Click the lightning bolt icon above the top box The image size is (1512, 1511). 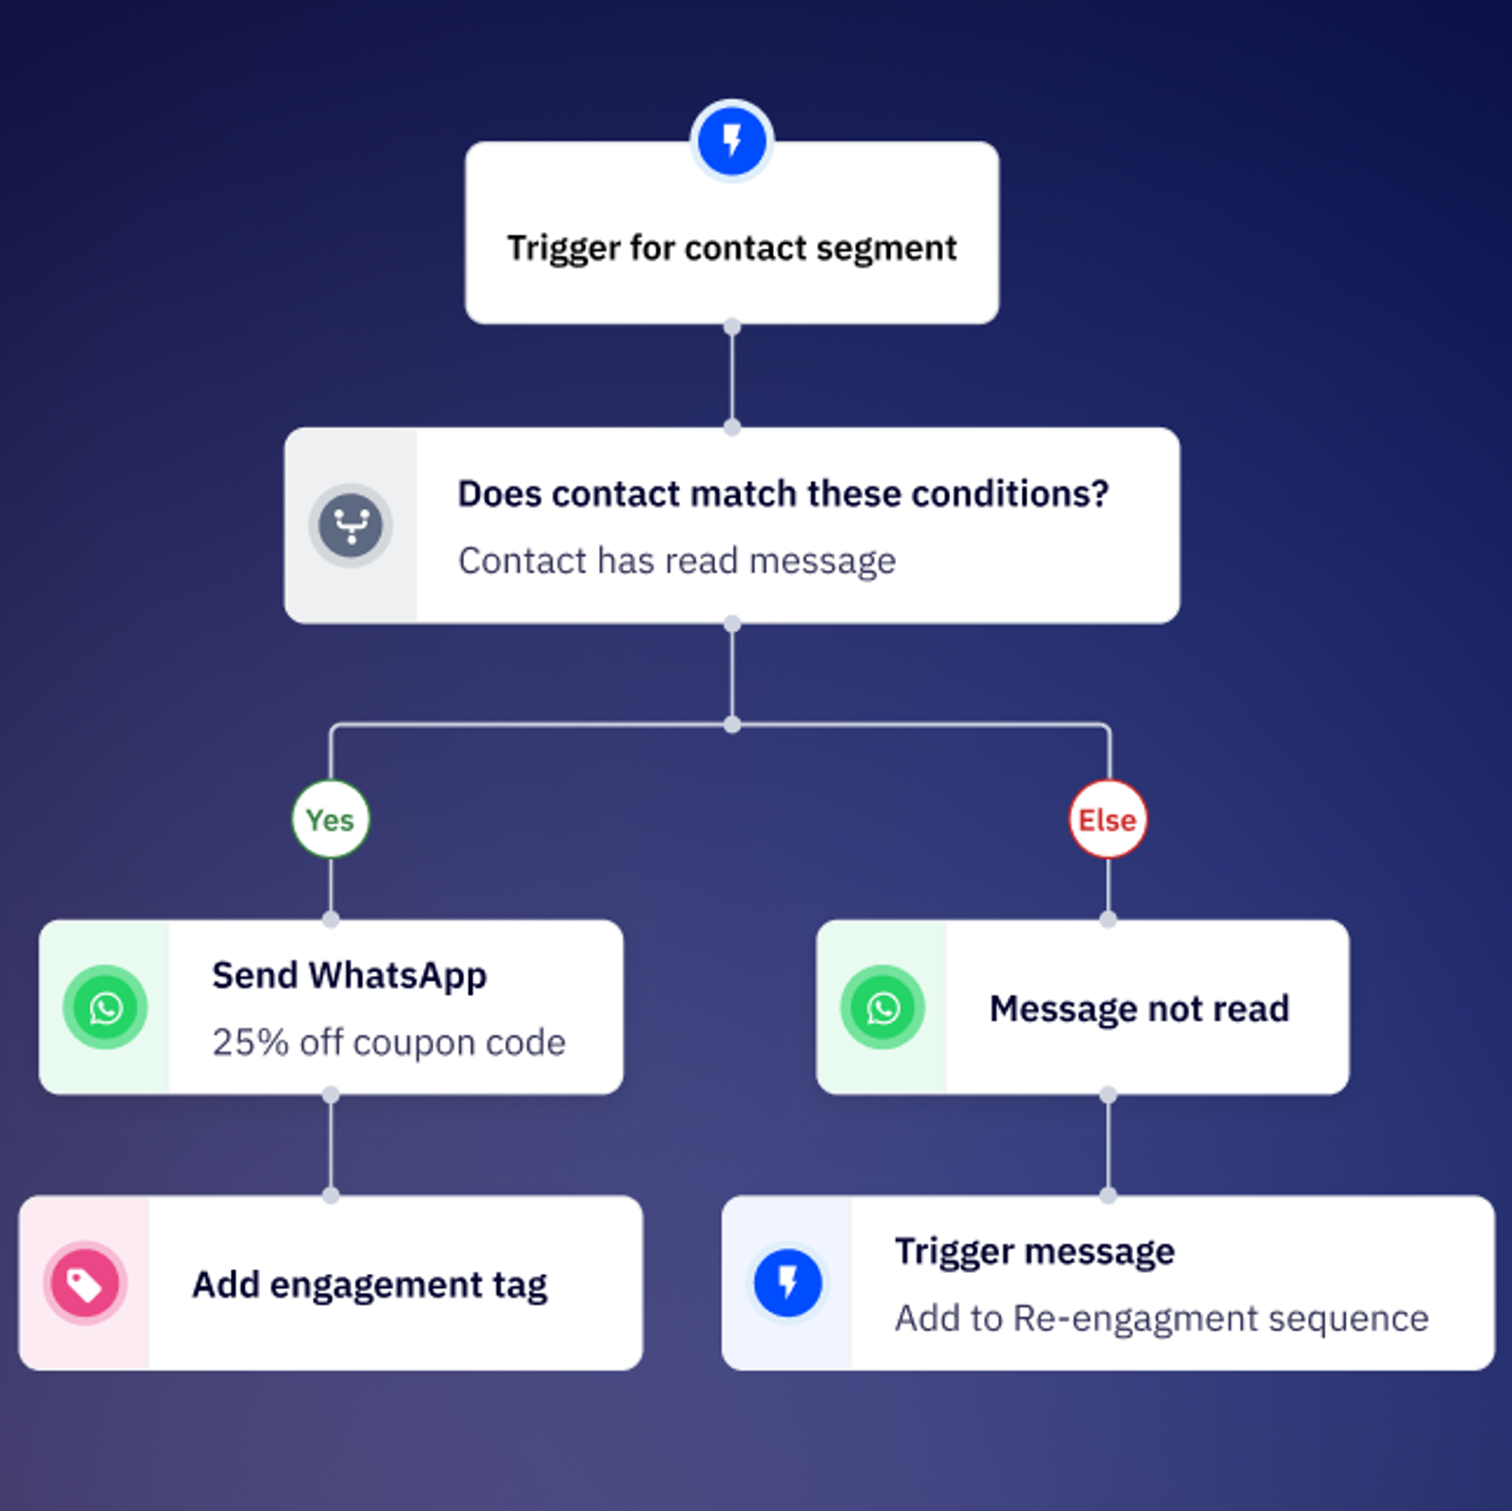coord(731,141)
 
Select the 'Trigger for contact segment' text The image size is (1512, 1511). coord(731,248)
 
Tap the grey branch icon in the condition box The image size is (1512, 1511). coord(351,525)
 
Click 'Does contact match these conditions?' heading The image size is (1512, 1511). coord(782,493)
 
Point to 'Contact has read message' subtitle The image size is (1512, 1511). coord(677,560)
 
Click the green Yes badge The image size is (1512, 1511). coord(330,819)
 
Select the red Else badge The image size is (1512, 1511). coord(1108,819)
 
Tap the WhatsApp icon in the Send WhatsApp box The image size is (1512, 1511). coord(105,1007)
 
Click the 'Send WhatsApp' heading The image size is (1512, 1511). coord(349,975)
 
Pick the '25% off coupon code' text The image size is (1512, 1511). coord(388,1042)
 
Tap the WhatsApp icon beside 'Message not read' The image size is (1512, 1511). coord(883,1007)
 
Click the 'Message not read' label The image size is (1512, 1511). coord(1139,1008)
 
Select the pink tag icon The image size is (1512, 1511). coord(85,1283)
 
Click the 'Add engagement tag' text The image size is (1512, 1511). coord(369,1284)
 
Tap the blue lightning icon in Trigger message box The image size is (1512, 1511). coord(787,1283)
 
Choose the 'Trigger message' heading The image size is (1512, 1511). coord(1035,1251)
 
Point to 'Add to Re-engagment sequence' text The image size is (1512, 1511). coord(1161,1318)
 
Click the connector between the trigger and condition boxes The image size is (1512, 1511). coord(731,377)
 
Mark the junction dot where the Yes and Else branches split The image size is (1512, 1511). coord(731,725)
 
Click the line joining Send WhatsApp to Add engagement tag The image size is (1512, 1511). coord(331,1145)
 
